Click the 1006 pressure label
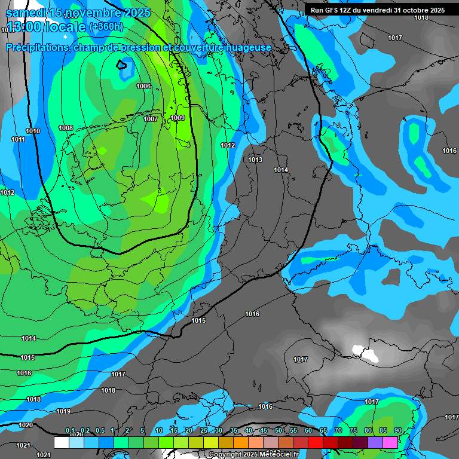click(143, 87)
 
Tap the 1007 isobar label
click(151, 119)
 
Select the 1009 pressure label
click(178, 118)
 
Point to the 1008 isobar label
click(66, 128)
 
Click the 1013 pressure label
click(255, 160)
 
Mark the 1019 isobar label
click(63, 411)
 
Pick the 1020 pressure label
click(26, 425)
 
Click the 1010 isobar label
click(33, 131)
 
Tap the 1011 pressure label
click(19, 140)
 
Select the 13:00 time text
click(27, 27)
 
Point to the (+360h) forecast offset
click(106, 27)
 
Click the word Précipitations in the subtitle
click(37, 47)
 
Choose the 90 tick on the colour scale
click(397, 430)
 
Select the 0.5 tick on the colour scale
click(100, 430)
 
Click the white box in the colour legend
click(61, 442)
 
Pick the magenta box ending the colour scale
click(390, 442)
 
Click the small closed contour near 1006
click(121, 65)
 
